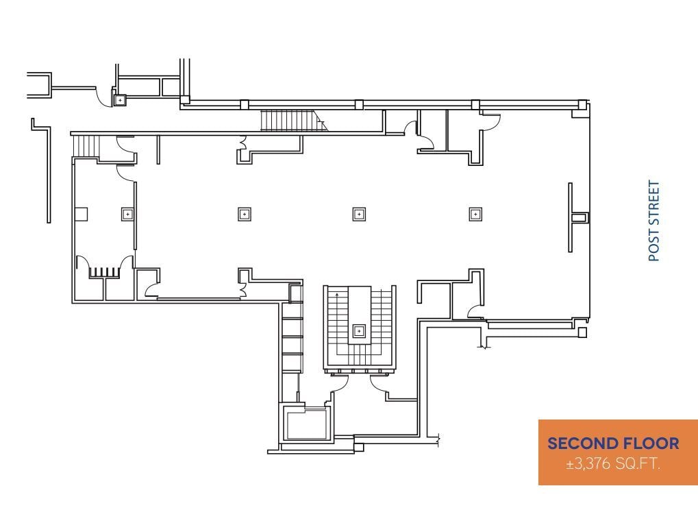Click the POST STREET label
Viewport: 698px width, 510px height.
[x=654, y=221]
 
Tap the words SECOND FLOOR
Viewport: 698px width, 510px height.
[x=613, y=444]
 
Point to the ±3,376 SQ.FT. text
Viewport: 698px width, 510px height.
[x=613, y=464]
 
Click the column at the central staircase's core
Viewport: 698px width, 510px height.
[x=359, y=331]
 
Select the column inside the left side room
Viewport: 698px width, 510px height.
[x=127, y=213]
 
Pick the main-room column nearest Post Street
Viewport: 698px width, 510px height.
[x=475, y=214]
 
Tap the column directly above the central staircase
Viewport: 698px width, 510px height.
[x=358, y=214]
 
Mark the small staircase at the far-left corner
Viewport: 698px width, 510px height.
[x=86, y=145]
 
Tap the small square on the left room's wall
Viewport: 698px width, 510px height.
[x=81, y=214]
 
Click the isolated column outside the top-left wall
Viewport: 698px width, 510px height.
[x=120, y=100]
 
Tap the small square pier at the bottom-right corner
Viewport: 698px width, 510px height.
[x=582, y=333]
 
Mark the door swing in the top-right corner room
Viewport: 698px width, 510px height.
[x=490, y=121]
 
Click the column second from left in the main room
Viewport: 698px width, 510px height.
[x=244, y=214]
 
